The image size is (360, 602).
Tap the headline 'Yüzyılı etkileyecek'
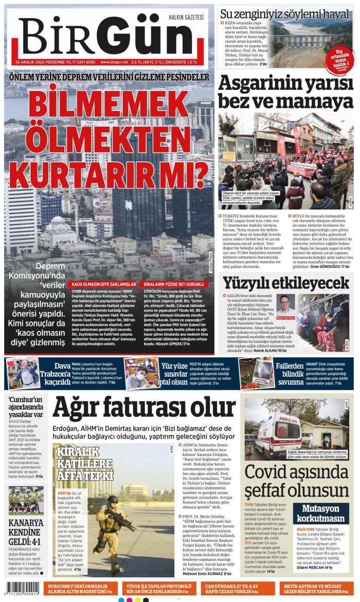coord(286,282)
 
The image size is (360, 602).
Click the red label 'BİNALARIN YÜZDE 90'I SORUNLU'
coord(175,284)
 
